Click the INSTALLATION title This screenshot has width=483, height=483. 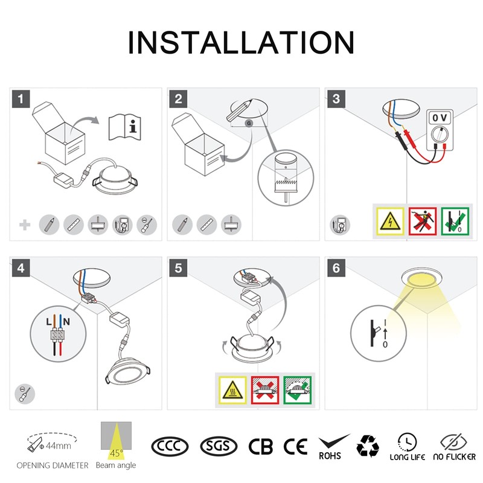(241, 42)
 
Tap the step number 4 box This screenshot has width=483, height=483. (22, 268)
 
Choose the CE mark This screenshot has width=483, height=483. (296, 446)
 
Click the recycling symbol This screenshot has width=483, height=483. (368, 446)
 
